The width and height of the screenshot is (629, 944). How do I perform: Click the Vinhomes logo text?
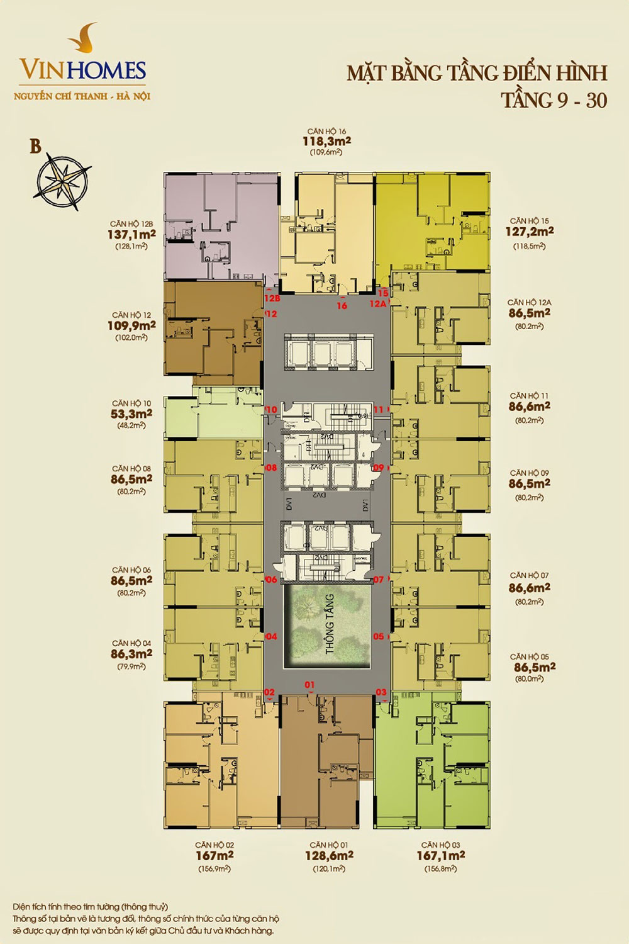coord(82,69)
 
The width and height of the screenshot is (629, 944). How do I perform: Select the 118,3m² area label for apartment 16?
coord(326,142)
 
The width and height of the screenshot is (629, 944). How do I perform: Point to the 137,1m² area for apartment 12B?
coord(131,235)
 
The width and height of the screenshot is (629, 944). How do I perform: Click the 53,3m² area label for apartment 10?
coord(131,414)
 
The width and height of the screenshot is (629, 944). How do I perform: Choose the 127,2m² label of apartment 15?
coord(529,232)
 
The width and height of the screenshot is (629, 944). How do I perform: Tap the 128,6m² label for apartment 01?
coord(328,856)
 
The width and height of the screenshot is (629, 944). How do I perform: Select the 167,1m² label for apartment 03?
coord(440,856)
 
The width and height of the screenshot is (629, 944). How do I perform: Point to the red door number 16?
coord(342,306)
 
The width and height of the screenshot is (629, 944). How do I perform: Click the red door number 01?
coord(309,685)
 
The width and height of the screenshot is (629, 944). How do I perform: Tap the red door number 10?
coord(271,410)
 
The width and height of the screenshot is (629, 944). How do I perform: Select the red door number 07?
coord(379,580)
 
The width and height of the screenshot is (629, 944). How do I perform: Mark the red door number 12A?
coord(377,303)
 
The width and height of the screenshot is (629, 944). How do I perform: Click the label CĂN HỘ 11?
coord(529,396)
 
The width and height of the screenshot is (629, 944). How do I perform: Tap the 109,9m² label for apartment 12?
coord(131,326)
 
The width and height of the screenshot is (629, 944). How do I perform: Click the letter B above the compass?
coord(36,147)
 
